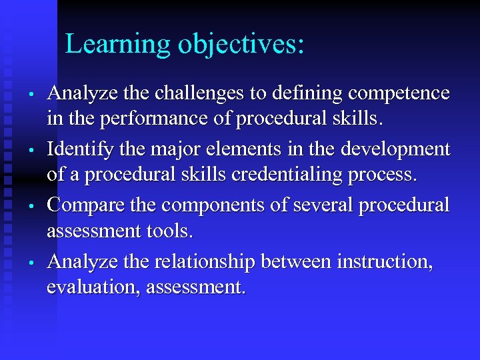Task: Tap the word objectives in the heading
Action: tap(240, 44)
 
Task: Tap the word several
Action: tap(319, 204)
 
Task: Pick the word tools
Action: tap(168, 232)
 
